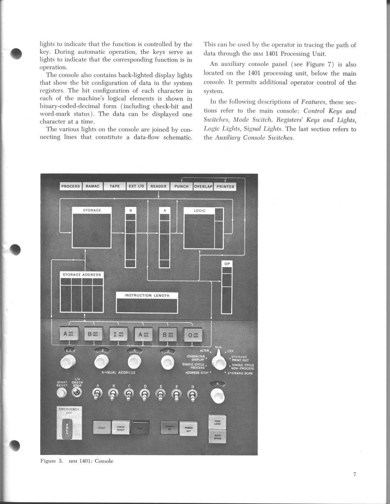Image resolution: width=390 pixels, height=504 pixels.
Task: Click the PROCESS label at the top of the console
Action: point(70,186)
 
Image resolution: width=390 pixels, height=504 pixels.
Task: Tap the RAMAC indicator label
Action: point(92,186)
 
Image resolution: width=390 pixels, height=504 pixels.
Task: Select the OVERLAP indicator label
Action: point(203,187)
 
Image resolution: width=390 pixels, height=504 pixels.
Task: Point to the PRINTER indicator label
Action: point(225,187)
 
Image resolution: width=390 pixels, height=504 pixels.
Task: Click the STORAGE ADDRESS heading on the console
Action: point(82,275)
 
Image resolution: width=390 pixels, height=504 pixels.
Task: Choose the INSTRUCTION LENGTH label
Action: point(147,295)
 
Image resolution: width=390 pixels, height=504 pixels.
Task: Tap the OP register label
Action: point(227,264)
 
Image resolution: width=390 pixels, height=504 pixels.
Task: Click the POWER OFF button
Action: point(188,429)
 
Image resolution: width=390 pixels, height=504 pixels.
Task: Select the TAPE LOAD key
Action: point(217,422)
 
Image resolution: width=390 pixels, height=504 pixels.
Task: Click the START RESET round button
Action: point(62,393)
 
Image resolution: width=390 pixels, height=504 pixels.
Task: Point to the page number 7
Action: point(355,474)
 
